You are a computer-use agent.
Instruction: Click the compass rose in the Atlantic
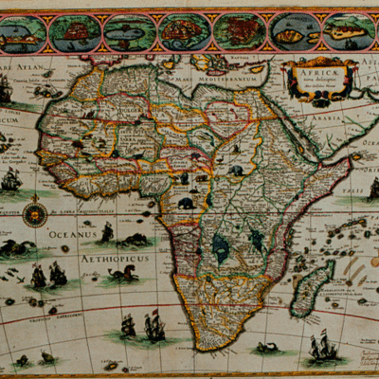coord(37,213)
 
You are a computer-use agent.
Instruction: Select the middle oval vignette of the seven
coord(184,32)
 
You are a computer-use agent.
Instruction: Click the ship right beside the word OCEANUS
coord(107,232)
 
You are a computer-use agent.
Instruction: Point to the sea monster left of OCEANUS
coord(17,248)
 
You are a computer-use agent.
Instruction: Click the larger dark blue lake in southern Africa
coord(221,248)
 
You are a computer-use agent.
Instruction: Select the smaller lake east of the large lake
coord(256,241)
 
